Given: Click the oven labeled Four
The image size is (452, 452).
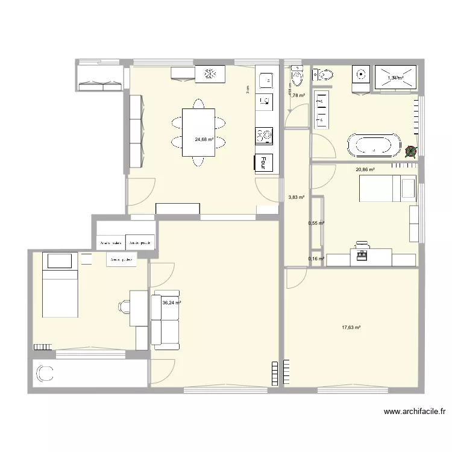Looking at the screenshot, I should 264,163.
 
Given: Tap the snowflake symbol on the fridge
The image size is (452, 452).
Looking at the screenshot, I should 211,74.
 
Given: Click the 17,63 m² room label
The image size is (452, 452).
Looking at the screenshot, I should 351,328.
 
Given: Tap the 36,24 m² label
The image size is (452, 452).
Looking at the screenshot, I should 172,303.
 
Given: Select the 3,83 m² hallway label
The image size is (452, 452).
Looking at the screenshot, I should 296,197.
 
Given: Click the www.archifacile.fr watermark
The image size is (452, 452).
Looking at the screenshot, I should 415,412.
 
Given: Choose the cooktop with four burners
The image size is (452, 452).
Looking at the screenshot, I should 264,136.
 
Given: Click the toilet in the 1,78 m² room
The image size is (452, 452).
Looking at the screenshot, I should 296,77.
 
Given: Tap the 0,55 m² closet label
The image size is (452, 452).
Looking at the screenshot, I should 316,223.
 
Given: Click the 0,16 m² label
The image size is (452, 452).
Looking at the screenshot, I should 316,259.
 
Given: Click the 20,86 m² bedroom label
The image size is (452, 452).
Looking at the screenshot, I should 365,170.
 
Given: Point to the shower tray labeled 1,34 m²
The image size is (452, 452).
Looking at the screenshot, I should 396,77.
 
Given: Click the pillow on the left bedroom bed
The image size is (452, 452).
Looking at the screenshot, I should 59,261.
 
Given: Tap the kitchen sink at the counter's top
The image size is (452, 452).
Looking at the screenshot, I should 265,78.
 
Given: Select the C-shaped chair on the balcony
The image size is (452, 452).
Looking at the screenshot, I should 45,375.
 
